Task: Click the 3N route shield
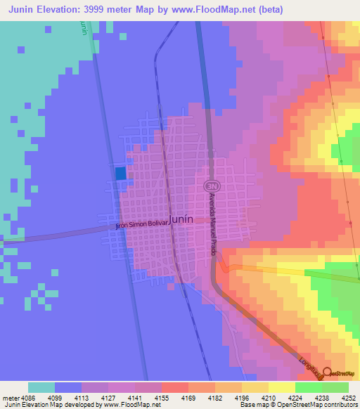pos(209,185)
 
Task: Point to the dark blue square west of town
pos(121,173)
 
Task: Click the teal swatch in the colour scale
pos(41,387)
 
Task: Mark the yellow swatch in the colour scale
pos(281,387)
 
